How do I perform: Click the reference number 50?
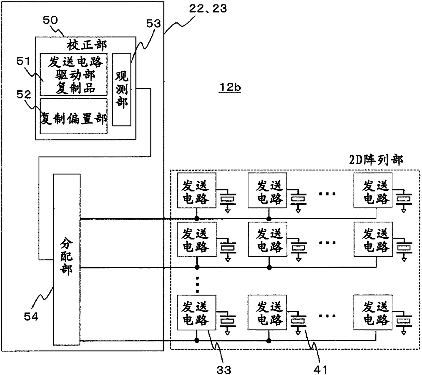[x=50, y=20]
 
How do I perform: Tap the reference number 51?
[x=23, y=61]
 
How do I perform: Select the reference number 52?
[x=24, y=95]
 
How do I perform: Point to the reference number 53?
[x=153, y=23]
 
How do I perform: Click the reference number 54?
[x=31, y=317]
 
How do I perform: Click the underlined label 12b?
[x=230, y=87]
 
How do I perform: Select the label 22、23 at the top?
[x=208, y=9]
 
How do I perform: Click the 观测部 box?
[x=121, y=89]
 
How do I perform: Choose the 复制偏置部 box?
[x=74, y=116]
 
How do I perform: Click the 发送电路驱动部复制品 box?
[x=74, y=74]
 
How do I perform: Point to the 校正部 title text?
[x=86, y=45]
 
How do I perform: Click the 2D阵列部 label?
[x=376, y=160]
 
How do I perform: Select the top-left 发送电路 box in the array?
[x=196, y=190]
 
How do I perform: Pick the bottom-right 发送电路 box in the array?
[x=373, y=312]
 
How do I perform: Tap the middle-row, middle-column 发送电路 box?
[x=267, y=239]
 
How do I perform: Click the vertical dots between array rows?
[x=197, y=284]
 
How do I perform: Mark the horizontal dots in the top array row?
[x=327, y=194]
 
